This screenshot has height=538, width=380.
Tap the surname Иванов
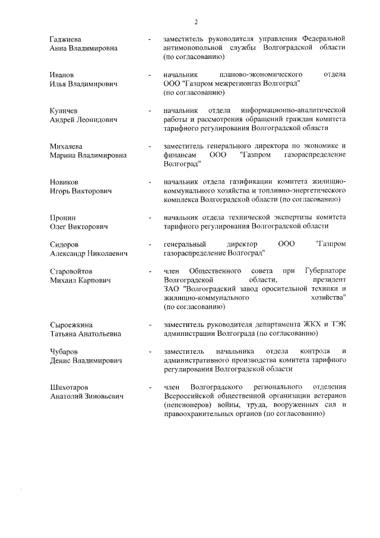click(x=62, y=74)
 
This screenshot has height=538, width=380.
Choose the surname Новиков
click(x=64, y=181)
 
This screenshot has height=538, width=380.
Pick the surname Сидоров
click(x=64, y=244)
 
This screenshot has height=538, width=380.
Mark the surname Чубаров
click(x=64, y=352)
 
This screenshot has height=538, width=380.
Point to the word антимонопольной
click(x=194, y=48)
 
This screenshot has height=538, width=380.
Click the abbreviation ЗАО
click(x=172, y=289)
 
